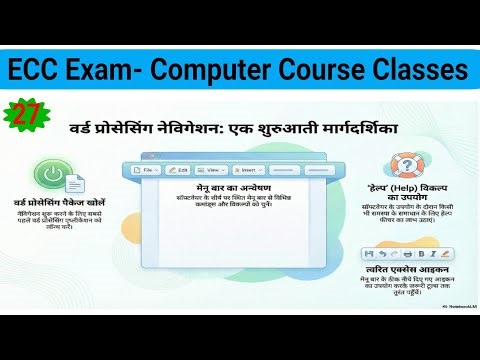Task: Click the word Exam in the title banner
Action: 113,70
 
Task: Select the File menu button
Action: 147,171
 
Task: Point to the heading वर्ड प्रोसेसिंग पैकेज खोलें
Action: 62,204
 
